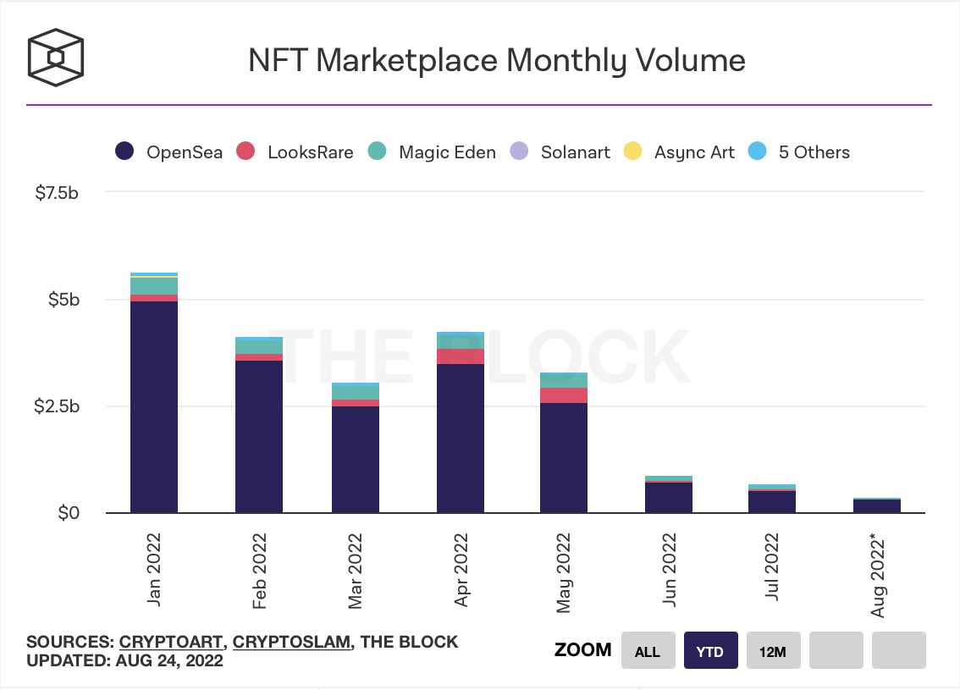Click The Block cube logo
coord(56,58)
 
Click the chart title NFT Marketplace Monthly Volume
coord(496,60)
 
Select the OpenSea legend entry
coord(169,152)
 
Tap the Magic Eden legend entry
coord(432,152)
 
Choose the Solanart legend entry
coord(560,152)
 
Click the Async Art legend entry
coord(679,152)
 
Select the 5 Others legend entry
coord(799,152)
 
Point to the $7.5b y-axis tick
coord(58,193)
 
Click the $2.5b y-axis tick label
coord(58,406)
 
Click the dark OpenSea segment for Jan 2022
coord(154,406)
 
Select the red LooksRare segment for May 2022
coord(564,395)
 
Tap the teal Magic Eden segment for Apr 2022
coord(461,340)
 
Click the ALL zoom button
coord(648,651)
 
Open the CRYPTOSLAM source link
coord(292,642)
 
